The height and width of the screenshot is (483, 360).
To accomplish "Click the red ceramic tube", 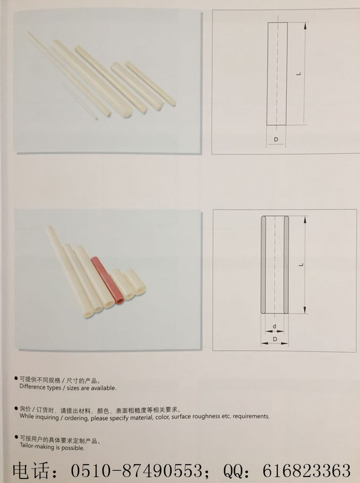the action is point(107,280).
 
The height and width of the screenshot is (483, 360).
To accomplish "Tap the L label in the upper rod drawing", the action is point(298,74).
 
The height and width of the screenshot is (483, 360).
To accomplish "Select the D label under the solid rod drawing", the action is point(276,139).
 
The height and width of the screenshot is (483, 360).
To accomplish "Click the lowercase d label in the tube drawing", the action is point(274,326).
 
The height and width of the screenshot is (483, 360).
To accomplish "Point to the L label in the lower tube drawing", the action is point(301,264).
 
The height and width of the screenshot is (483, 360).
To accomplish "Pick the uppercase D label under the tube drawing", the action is point(275,339).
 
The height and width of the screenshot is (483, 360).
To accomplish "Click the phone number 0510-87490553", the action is point(136,470).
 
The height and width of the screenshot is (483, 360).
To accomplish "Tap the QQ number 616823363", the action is point(306,470).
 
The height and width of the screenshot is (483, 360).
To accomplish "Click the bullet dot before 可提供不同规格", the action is point(16,379).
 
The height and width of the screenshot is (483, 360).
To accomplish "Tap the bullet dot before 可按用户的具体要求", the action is point(16,437).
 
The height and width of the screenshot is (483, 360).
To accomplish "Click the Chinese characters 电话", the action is point(31,470).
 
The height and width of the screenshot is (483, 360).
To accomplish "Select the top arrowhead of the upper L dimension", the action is point(305,26).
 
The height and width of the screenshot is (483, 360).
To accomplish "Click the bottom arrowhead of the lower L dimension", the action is point(305,310).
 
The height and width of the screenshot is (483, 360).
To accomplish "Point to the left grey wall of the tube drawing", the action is point(263,264).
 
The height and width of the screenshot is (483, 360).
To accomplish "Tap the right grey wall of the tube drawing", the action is point(286,264).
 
